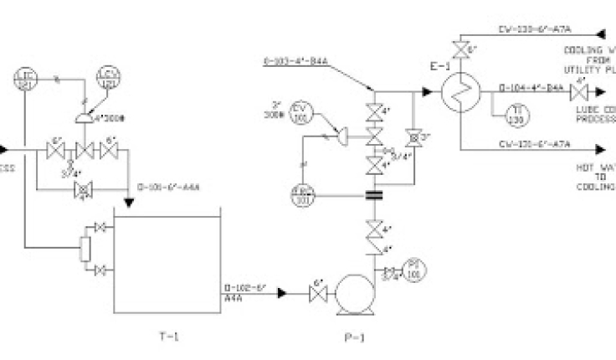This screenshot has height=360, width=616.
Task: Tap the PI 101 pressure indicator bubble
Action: (x=412, y=268)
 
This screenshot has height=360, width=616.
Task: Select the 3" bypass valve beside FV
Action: (x=412, y=136)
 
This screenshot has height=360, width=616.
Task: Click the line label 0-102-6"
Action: (x=244, y=289)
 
